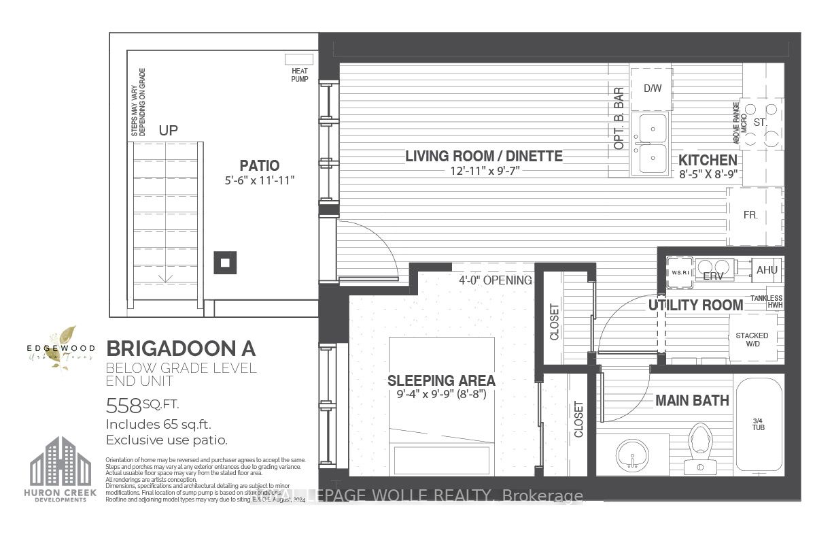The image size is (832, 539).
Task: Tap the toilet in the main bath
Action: pyautogui.click(x=698, y=446)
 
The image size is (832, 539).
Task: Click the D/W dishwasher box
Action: pyautogui.click(x=651, y=88)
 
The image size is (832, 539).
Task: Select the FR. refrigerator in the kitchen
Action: pyautogui.click(x=750, y=214)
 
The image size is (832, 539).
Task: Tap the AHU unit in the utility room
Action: pyautogui.click(x=767, y=269)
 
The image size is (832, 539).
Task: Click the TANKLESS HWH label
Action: pyautogui.click(x=766, y=301)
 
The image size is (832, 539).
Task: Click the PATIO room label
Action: pyautogui.click(x=259, y=165)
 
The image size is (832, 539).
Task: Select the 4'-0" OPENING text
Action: pyautogui.click(x=495, y=280)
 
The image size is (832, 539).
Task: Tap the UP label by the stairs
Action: pyautogui.click(x=168, y=130)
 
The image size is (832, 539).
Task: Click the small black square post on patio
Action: pyautogui.click(x=226, y=262)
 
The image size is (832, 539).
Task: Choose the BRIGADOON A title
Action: pyautogui.click(x=181, y=348)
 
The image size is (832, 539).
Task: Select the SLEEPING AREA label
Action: pyautogui.click(x=441, y=380)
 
